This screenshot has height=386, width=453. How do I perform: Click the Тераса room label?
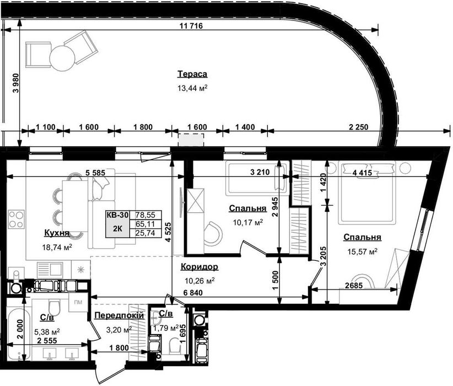tap(192, 74)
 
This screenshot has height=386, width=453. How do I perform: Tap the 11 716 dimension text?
tap(191, 26)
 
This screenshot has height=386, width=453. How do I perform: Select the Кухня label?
tap(57, 233)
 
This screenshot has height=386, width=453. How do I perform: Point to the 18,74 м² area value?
tap(57, 247)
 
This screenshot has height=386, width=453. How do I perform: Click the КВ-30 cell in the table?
tap(117, 215)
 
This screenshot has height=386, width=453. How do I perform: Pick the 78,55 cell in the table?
tap(145, 215)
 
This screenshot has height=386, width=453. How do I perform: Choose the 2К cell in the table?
tap(117, 228)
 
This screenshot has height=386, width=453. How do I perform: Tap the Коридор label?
tap(199, 266)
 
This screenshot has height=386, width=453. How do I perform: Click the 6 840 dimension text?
tap(193, 293)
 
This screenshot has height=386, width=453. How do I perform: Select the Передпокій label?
tap(119, 315)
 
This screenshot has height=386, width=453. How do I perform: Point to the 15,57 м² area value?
tap(362, 251)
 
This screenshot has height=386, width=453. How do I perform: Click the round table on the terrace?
tap(62, 57)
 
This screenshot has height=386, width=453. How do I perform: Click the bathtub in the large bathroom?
tap(17, 334)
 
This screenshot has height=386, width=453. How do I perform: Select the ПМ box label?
tap(78, 302)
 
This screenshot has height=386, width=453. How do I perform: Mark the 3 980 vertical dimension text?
tap(16, 83)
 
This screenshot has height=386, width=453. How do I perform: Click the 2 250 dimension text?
tap(359, 127)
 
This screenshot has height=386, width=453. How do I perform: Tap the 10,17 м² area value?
tap(248, 222)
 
